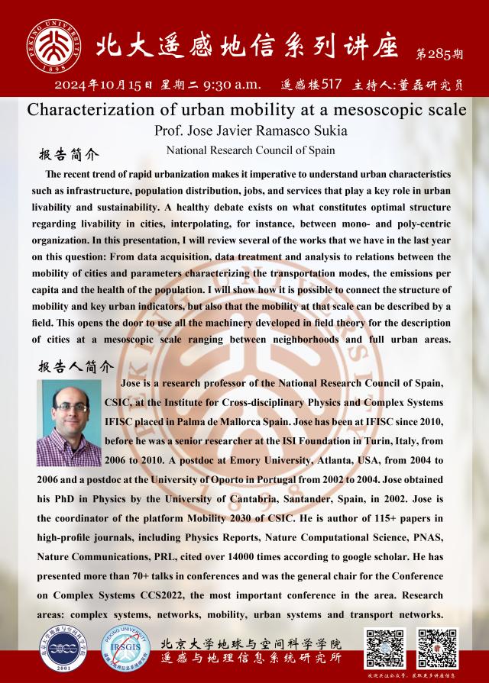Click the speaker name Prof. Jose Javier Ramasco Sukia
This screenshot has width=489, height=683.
tap(244, 130)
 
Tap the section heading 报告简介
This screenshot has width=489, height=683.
tap(70, 155)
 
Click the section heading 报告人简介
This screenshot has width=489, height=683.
tap(75, 365)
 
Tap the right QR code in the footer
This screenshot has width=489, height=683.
tap(436, 648)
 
